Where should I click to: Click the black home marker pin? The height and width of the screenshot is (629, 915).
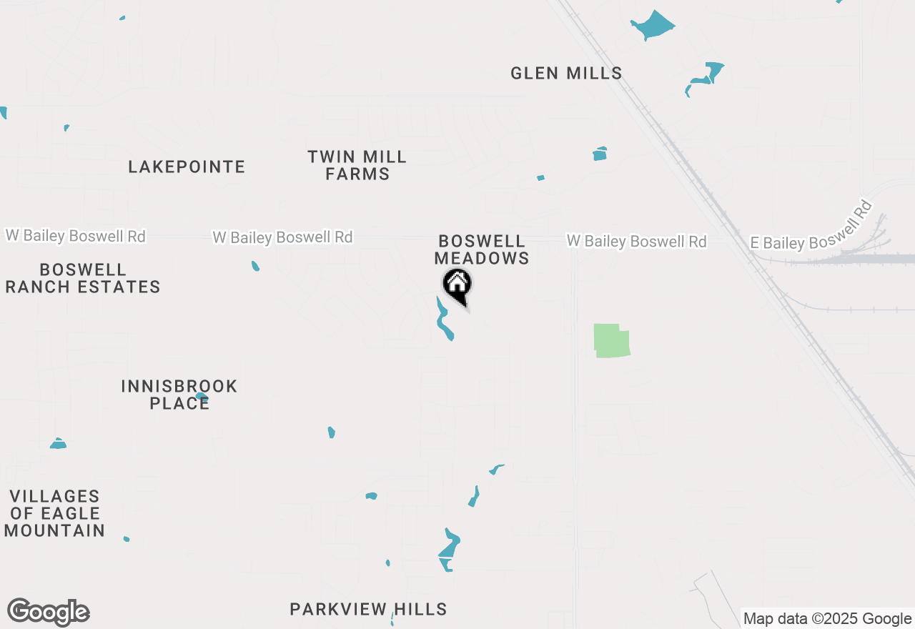pos(457,285)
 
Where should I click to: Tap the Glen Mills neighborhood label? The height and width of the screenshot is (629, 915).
pos(566,73)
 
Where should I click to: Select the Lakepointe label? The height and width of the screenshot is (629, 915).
pos(187,167)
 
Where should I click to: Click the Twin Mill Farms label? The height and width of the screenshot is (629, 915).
pos(357,165)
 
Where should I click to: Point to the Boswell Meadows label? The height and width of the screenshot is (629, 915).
pos(482,249)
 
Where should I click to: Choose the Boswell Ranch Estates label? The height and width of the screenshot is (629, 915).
pos(83,278)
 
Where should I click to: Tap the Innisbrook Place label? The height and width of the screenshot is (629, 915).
pos(179,395)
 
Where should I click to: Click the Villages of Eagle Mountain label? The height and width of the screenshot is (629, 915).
pos(54,513)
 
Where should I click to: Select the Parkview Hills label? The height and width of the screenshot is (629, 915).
pos(368,609)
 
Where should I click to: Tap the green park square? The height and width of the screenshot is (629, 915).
pos(611,340)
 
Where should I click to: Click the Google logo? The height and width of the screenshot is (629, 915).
pos(48,613)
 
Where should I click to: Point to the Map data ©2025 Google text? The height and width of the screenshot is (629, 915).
pos(827,619)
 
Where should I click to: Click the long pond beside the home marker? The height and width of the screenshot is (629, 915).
pos(444,320)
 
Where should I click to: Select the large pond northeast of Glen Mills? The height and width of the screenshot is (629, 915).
pos(654,25)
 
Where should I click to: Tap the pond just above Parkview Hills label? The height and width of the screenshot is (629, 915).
pos(449,549)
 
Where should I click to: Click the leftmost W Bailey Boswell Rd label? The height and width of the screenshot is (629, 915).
pos(76,235)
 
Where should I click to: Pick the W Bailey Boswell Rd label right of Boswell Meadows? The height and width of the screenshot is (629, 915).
pos(637,242)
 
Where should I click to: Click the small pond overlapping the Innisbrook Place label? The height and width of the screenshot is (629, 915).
pos(202,396)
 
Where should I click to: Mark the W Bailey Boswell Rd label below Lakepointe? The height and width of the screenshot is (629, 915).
pos(283,237)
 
